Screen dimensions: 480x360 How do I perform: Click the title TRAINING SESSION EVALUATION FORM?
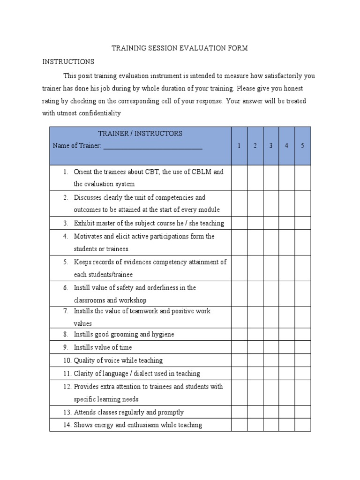click(x=179, y=48)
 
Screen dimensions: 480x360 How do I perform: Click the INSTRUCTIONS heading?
click(x=68, y=61)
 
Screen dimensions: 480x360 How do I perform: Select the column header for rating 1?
click(x=239, y=146)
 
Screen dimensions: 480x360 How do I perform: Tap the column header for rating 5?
click(x=302, y=146)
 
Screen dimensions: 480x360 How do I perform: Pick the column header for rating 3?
click(x=271, y=146)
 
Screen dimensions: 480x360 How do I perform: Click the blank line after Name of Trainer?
click(x=153, y=146)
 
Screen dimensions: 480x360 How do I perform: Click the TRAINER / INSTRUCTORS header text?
click(x=141, y=134)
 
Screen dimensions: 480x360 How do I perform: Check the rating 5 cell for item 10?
click(x=302, y=360)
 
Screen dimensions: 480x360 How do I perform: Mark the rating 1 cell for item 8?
click(x=239, y=334)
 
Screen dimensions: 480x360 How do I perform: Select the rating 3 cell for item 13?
click(x=271, y=412)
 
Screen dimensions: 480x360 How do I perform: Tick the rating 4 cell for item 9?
click(x=286, y=347)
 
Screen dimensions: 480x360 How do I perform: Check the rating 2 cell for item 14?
click(x=255, y=425)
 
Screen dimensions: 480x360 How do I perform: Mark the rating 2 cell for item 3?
click(x=255, y=223)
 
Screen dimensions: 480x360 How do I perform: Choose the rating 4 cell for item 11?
click(x=286, y=374)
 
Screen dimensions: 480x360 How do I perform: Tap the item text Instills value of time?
click(x=103, y=347)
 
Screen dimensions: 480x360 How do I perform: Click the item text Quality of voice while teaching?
click(x=118, y=360)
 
